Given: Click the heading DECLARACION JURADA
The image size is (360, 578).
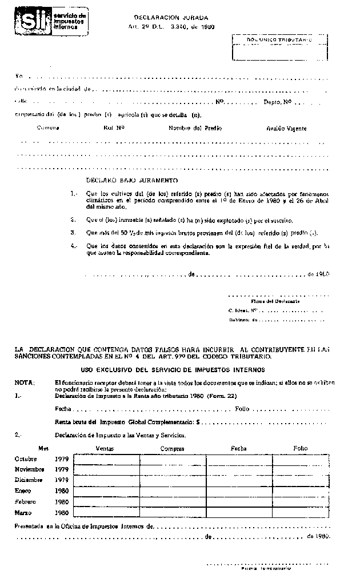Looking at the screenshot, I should [171, 18].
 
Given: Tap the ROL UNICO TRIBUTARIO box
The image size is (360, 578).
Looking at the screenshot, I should [279, 46].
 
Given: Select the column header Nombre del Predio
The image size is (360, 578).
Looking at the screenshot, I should [195, 129].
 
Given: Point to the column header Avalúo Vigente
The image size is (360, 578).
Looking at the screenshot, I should [286, 129].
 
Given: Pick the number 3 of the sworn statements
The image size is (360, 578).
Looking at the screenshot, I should [73, 233].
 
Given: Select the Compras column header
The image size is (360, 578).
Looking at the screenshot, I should [172, 448].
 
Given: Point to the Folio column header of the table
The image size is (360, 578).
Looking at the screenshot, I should [300, 448].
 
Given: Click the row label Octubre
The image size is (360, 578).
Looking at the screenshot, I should [26, 459].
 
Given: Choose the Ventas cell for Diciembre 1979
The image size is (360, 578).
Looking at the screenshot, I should [107, 480].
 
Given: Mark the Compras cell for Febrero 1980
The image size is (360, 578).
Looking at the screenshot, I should [173, 501].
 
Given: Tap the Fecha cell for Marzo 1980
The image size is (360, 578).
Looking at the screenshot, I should [238, 512].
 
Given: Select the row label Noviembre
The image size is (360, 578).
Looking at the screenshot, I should [29, 469].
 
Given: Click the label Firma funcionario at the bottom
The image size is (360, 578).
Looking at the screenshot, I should [266, 569].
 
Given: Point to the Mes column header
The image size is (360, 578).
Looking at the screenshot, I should [44, 448].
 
